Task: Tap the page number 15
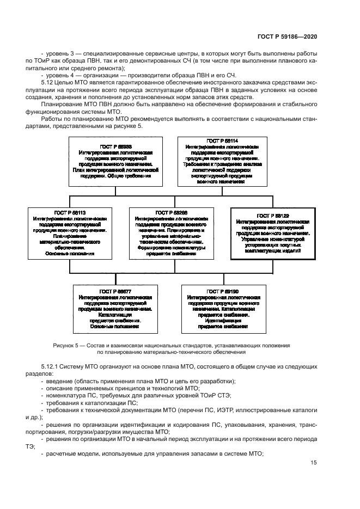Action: click(314, 463)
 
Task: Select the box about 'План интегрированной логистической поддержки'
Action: click(112, 162)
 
